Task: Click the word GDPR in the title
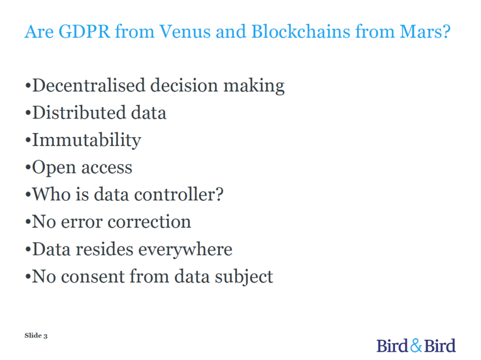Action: click(x=85, y=31)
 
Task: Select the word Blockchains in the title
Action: click(x=301, y=31)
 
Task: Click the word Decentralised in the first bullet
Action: click(x=89, y=85)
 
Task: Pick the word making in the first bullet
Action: click(x=254, y=86)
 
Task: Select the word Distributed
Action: click(x=79, y=113)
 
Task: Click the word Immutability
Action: click(x=87, y=140)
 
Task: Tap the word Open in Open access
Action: click(x=54, y=168)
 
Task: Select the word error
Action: click(x=82, y=222)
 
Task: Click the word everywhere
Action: click(x=185, y=250)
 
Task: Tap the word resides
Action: click(x=104, y=249)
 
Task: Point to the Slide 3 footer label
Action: click(x=36, y=336)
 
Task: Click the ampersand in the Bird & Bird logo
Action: click(x=416, y=345)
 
